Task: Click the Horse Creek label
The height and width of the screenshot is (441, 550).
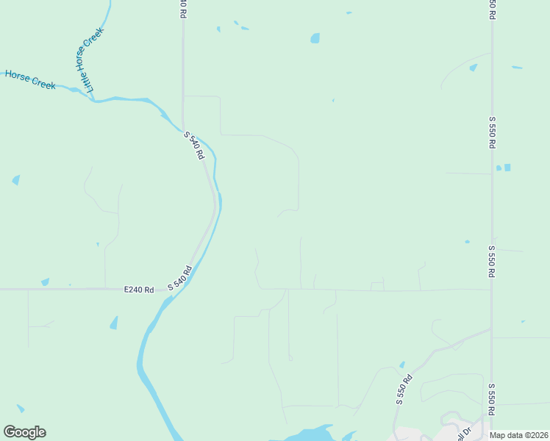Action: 30,79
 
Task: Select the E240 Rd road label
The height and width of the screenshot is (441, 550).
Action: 139,290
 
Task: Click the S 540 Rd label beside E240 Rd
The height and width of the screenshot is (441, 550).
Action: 179,278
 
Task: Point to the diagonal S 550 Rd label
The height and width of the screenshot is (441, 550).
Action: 404,390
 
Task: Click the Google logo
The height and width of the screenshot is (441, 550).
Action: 24,432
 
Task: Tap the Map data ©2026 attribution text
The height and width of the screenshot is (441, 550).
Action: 519,435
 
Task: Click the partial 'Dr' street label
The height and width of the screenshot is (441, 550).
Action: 461,434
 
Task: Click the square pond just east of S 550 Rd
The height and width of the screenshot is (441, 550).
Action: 507,168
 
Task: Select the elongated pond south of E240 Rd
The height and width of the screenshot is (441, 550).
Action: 114,322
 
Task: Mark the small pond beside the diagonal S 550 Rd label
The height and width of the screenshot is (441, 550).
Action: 402,365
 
